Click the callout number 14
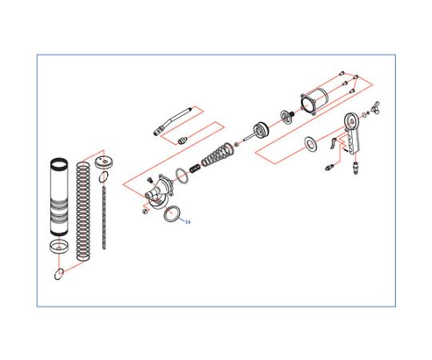(188, 222)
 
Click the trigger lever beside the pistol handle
(334, 143)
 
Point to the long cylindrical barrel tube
(58, 197)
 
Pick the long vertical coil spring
(83, 211)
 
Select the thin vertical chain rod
(104, 218)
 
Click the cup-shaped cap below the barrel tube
(59, 246)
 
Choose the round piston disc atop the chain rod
(104, 162)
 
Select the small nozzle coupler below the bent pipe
(182, 141)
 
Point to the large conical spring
(218, 154)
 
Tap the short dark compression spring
(195, 168)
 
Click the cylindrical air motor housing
(314, 101)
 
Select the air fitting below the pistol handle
(356, 167)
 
